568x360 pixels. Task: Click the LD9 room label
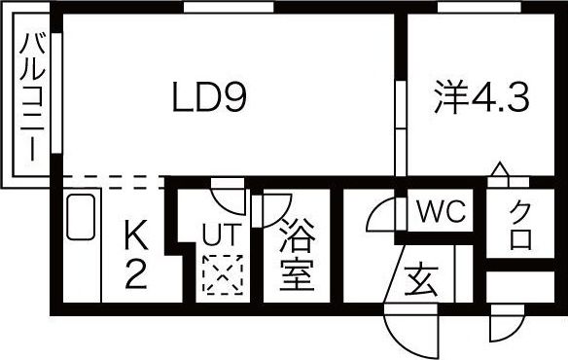coord(211,97)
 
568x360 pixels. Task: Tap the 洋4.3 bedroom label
coord(480,97)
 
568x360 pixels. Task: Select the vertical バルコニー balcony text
coord(31,100)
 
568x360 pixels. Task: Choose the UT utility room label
coord(218,234)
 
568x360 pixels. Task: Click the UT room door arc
coord(229,195)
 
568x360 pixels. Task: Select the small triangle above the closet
coord(498,172)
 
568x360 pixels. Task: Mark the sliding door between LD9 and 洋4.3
coord(399,126)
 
